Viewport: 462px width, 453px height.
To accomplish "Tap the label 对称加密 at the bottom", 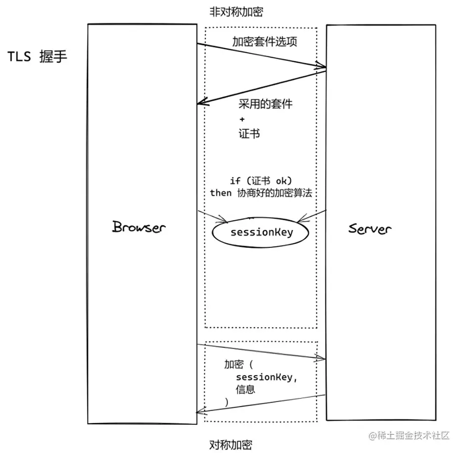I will [x=230, y=445].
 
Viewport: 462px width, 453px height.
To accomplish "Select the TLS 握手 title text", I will [x=37, y=56].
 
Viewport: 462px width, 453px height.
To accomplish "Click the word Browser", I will [x=138, y=227].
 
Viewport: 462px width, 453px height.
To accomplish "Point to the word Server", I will [x=369, y=229].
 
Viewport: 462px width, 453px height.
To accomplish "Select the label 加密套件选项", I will [x=264, y=41].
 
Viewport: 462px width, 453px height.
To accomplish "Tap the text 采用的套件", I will [x=265, y=105].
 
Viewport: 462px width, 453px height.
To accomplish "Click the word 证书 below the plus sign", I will [x=250, y=134].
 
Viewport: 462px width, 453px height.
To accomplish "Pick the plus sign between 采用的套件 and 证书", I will [x=242, y=120].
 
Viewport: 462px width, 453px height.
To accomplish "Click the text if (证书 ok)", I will [x=261, y=181].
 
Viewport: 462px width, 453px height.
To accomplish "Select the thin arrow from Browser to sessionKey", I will [x=212, y=216].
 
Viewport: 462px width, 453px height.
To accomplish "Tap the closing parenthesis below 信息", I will [x=227, y=401].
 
